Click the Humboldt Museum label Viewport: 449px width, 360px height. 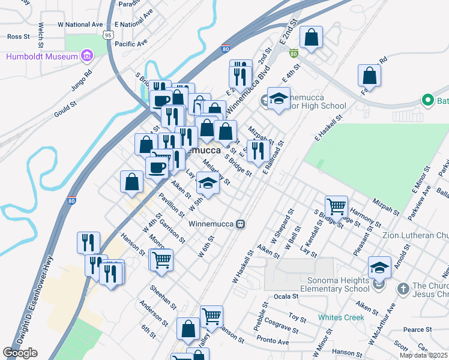43,57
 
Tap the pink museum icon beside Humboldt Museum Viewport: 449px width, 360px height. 87,56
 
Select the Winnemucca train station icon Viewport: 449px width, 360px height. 240,223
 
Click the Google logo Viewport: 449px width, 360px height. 20,353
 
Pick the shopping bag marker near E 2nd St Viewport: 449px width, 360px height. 312,37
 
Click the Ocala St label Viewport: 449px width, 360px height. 286,296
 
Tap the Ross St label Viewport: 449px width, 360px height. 18,37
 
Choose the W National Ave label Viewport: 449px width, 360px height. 80,25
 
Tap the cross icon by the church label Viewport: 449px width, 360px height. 402,289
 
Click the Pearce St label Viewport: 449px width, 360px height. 414,329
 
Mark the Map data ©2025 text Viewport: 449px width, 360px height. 424,355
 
